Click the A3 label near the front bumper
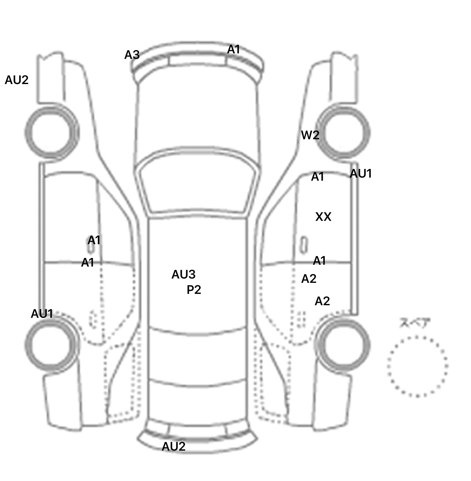pyautogui.click(x=132, y=55)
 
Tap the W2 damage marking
pyautogui.click(x=310, y=135)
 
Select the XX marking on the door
pyautogui.click(x=323, y=217)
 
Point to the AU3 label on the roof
pyautogui.click(x=183, y=275)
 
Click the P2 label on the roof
pyautogui.click(x=194, y=290)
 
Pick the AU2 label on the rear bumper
pyautogui.click(x=174, y=446)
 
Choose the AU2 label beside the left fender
pyautogui.click(x=17, y=80)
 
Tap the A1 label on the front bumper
pyautogui.click(x=233, y=49)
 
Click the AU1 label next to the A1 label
pyautogui.click(x=361, y=174)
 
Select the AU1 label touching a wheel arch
pyautogui.click(x=42, y=314)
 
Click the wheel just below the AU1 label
pyautogui.click(x=51, y=344)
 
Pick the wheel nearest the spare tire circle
pyautogui.click(x=343, y=344)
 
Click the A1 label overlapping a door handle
pyautogui.click(x=94, y=240)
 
